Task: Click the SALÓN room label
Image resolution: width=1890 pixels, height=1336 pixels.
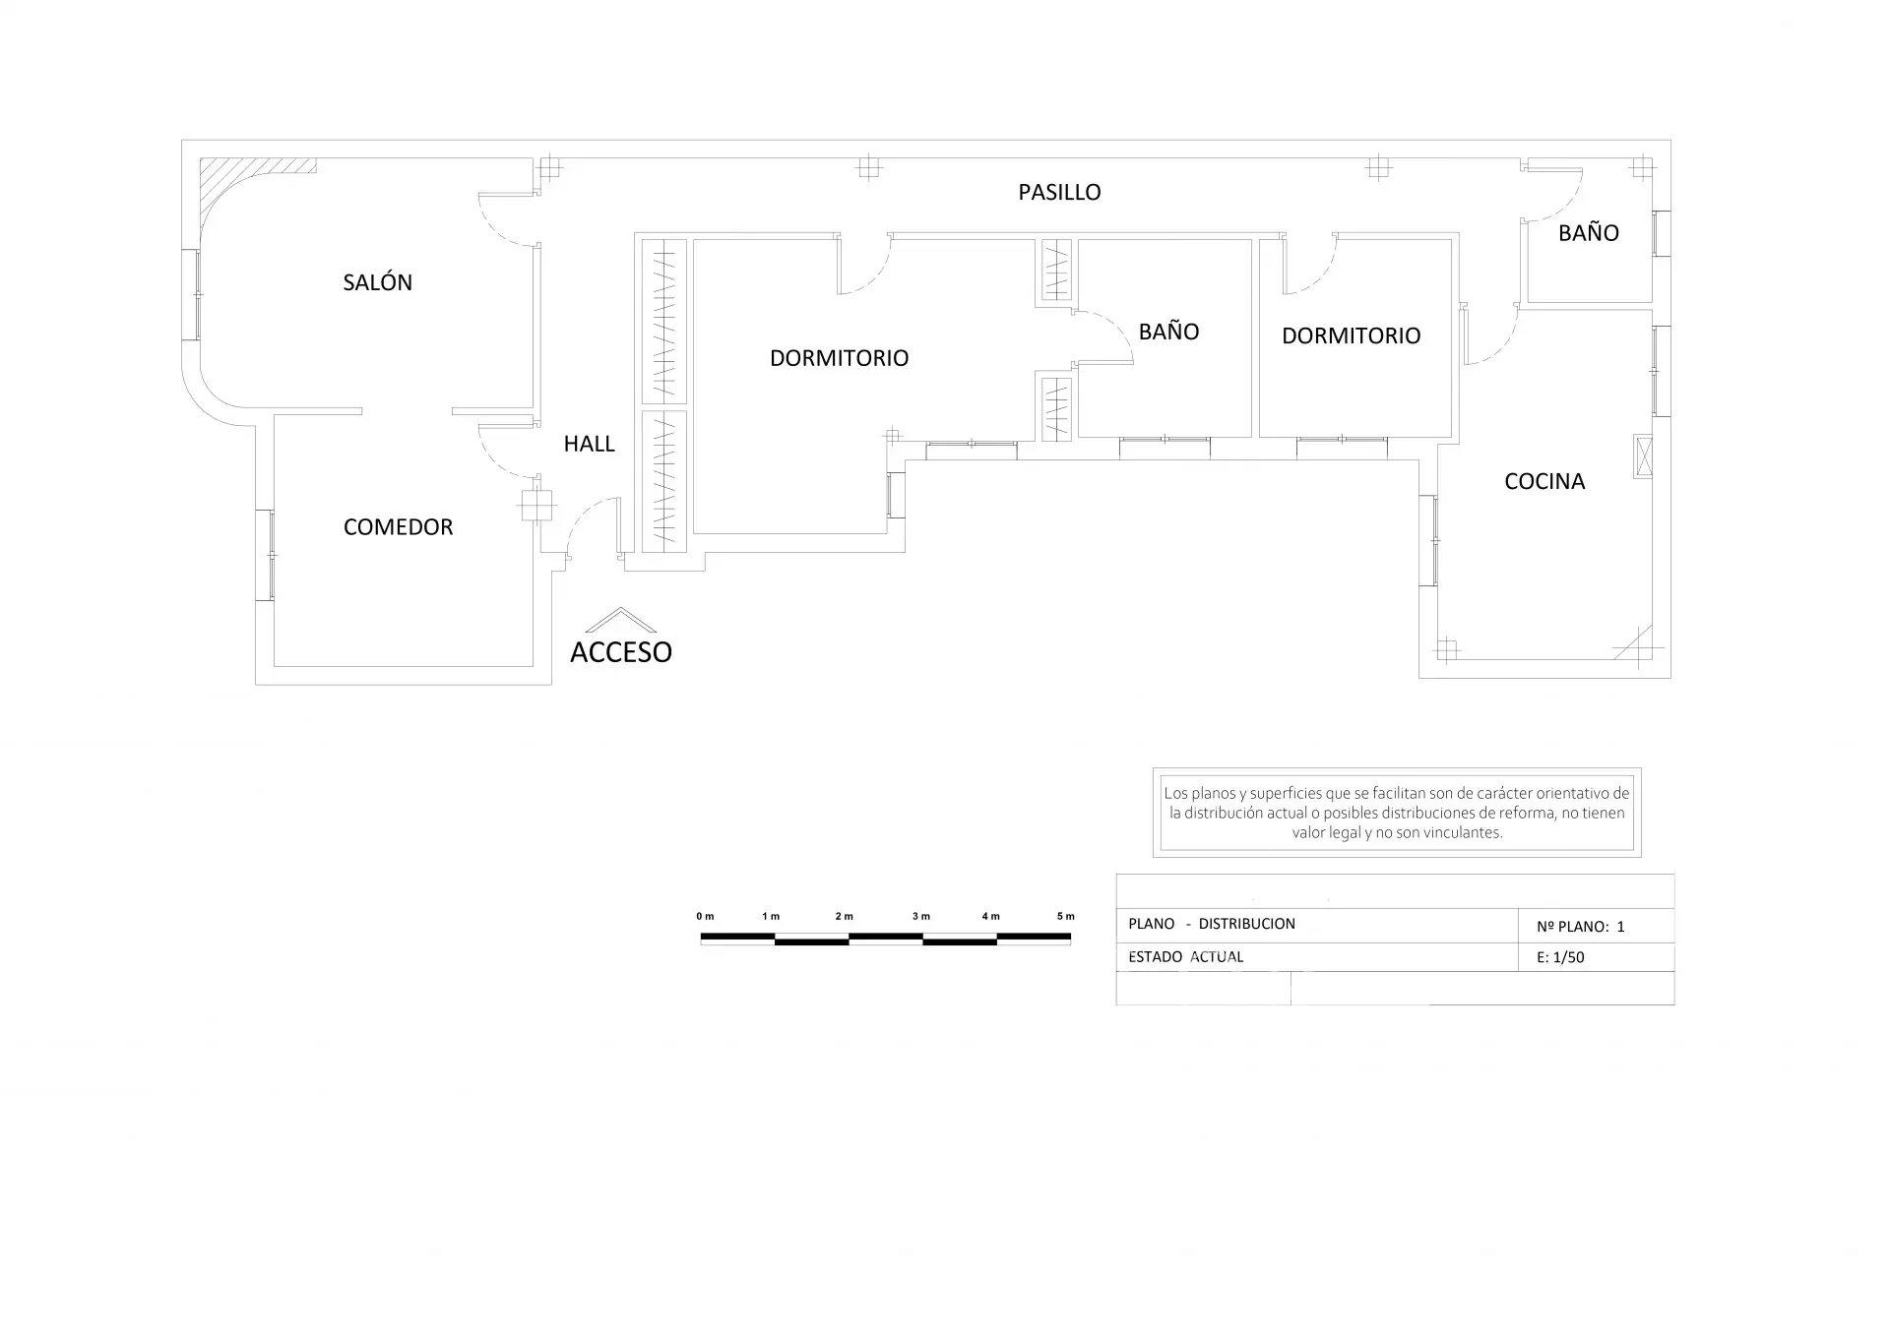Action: [377, 282]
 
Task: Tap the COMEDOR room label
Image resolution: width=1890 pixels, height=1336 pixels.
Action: [398, 527]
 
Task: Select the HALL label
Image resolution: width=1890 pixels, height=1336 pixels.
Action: [589, 444]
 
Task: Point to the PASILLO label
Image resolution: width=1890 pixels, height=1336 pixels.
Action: [1059, 192]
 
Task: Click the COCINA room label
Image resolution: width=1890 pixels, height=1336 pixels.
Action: [1544, 481]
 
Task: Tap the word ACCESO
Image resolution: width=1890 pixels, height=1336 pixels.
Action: [620, 651]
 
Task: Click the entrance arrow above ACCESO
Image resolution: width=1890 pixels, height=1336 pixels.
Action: [620, 618]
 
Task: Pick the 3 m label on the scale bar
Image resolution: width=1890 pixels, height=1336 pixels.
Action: [920, 916]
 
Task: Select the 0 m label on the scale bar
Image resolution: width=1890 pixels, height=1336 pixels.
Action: [705, 916]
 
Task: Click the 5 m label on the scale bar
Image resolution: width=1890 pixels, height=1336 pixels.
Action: [1065, 916]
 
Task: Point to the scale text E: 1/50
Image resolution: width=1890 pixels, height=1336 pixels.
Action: [1560, 957]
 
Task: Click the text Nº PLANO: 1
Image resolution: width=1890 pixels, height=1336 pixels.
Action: [1580, 926]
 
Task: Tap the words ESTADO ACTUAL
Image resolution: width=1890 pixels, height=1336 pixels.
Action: [1185, 956]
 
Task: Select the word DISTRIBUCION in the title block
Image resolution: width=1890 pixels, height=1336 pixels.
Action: [1246, 924]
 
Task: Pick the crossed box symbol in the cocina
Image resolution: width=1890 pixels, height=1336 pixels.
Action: [1643, 456]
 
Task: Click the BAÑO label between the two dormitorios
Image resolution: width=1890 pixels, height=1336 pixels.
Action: [1168, 332]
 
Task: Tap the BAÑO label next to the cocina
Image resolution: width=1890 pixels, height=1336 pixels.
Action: [1588, 233]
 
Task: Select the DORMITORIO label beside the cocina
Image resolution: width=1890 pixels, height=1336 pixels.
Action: [1351, 335]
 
